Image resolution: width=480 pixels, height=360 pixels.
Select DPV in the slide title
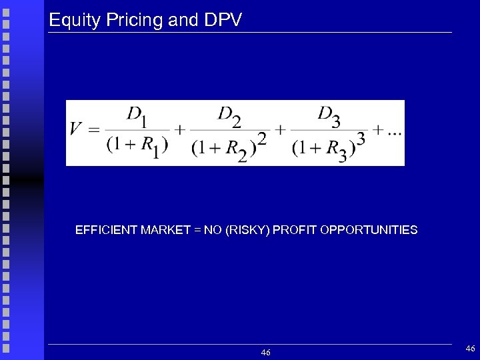click(222, 20)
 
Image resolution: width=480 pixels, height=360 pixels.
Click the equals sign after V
click(94, 129)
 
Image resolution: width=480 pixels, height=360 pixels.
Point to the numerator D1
click(138, 116)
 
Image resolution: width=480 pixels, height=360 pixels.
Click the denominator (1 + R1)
click(137, 145)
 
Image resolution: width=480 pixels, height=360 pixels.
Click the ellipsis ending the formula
click(393, 131)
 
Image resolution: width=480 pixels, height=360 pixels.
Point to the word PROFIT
click(295, 230)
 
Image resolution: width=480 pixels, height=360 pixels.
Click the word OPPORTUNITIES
click(369, 230)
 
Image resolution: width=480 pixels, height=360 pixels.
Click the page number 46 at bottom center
click(265, 352)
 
